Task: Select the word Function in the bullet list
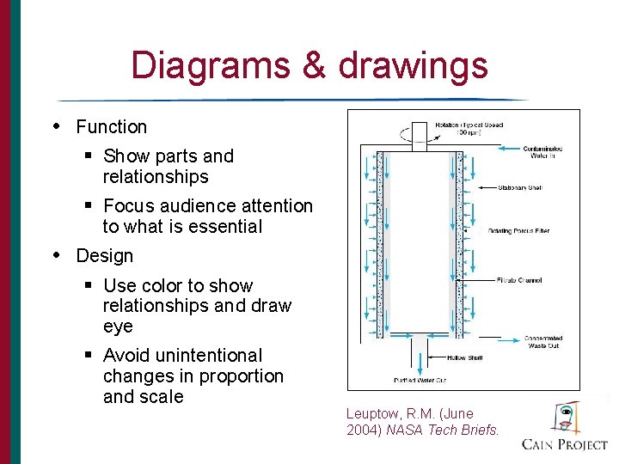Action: (x=111, y=127)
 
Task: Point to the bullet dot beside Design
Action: (x=58, y=255)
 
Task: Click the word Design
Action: (x=105, y=256)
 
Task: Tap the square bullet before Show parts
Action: (x=89, y=156)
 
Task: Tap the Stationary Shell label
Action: (x=520, y=187)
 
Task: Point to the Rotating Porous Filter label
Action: (x=518, y=231)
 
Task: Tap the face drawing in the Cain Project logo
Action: (x=565, y=417)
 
